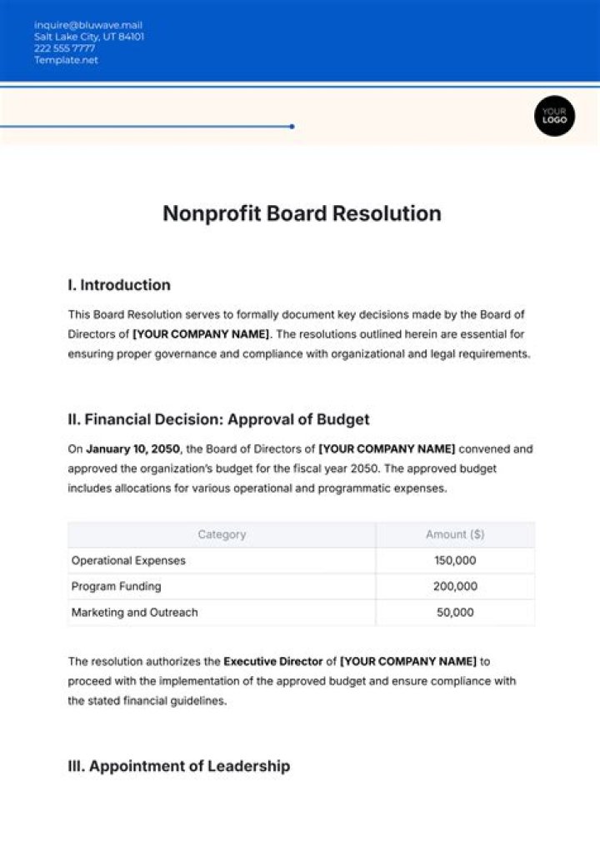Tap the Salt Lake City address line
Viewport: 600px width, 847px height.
coord(88,37)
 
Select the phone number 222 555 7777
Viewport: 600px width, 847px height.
coord(64,48)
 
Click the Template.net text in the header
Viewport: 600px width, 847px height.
coord(66,60)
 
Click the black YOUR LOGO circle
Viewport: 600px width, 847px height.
coord(554,115)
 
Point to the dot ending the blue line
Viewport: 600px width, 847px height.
coord(292,127)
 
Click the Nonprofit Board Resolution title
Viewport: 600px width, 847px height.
coord(302,213)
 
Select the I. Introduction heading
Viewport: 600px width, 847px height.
coord(118,285)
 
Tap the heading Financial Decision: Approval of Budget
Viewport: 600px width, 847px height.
coord(218,419)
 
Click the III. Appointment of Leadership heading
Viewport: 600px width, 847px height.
coord(178,766)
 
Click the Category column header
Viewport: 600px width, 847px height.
coord(222,534)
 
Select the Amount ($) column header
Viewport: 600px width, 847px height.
coord(455,534)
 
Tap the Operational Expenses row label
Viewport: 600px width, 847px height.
coord(128,560)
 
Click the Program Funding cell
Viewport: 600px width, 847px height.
coord(116,586)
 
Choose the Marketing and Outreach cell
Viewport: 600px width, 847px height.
coord(134,612)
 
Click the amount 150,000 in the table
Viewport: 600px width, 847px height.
coord(455,560)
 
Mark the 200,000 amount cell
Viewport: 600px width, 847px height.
coord(455,586)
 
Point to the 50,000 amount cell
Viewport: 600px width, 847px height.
coord(455,612)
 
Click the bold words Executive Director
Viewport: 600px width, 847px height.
coord(272,662)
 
